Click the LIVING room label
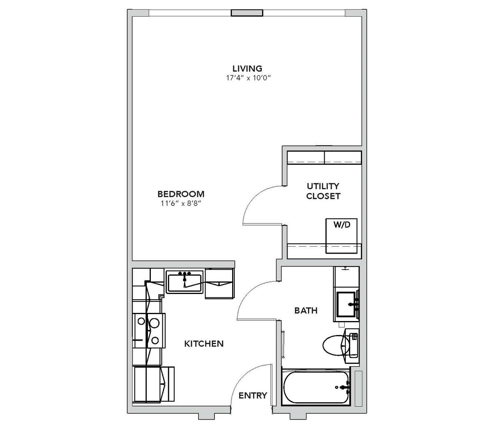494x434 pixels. pyautogui.click(x=247, y=69)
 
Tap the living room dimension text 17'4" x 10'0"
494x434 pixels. pyautogui.click(x=248, y=78)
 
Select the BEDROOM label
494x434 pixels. pyautogui.click(x=181, y=194)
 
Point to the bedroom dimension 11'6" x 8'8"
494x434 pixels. pyautogui.click(x=182, y=203)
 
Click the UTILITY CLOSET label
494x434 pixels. pyautogui.click(x=323, y=191)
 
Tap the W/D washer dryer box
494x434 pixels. pyautogui.click(x=342, y=236)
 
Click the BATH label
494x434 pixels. pyautogui.click(x=306, y=310)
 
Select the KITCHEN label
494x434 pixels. pyautogui.click(x=204, y=344)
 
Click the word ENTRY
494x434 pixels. pyautogui.click(x=253, y=395)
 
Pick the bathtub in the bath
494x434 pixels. pyautogui.click(x=316, y=387)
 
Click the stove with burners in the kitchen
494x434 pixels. pyautogui.click(x=149, y=331)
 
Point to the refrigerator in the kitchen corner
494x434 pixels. pyautogui.click(x=153, y=384)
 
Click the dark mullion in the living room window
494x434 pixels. pyautogui.click(x=247, y=13)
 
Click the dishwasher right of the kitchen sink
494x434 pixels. pyautogui.click(x=219, y=284)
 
